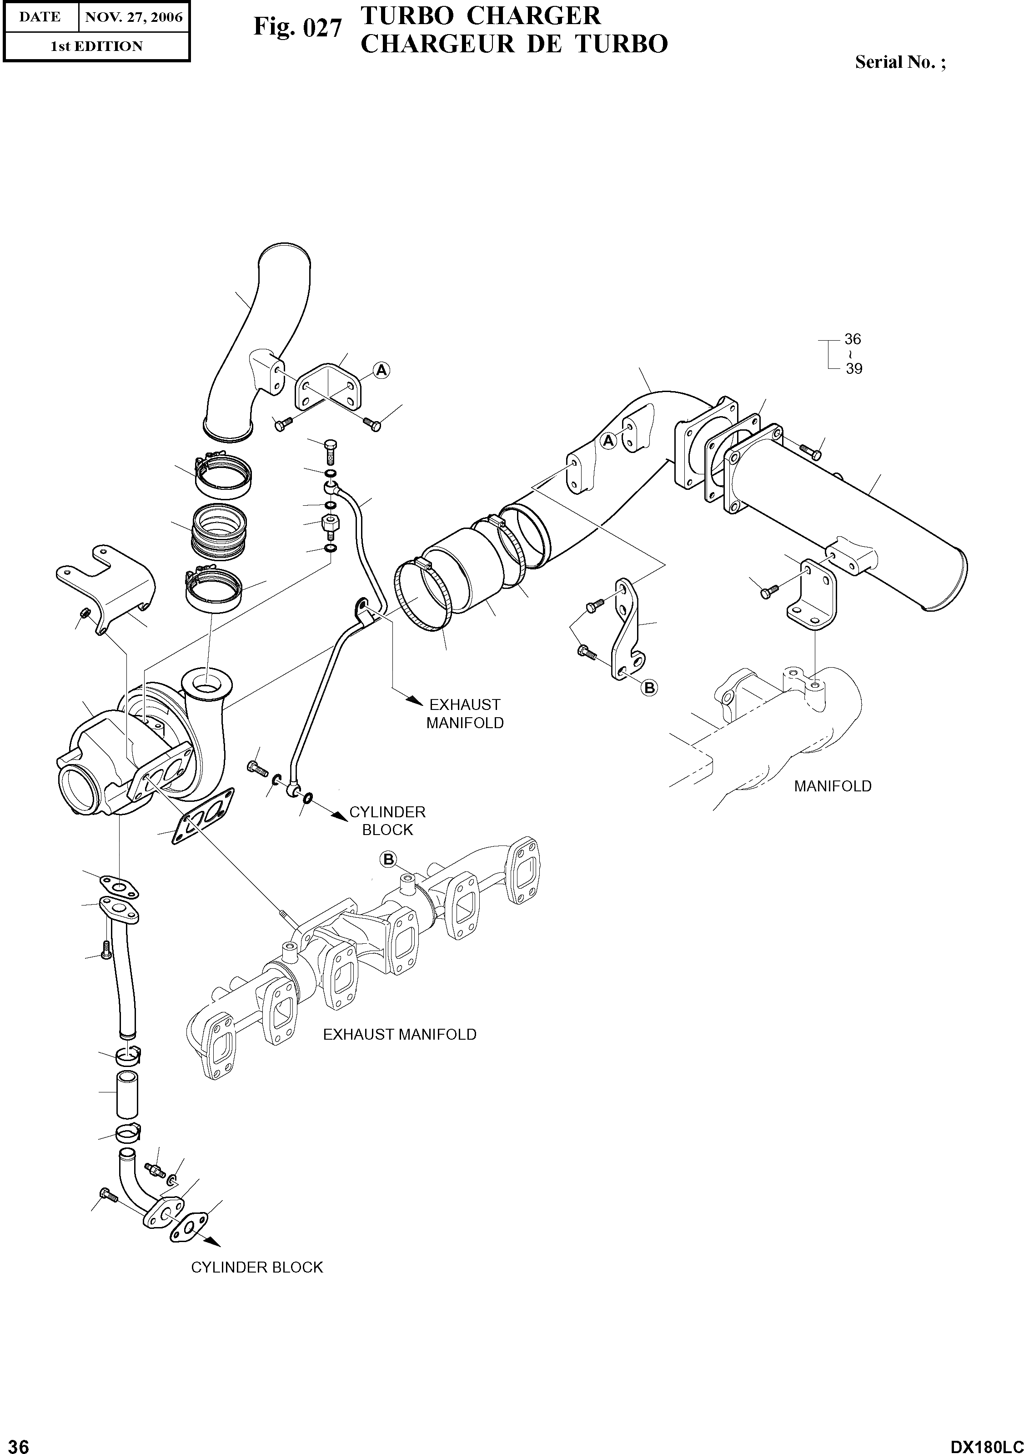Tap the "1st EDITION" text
coord(96,46)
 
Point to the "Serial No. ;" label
coord(900,62)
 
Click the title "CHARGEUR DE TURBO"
coord(513,44)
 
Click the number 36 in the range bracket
coord(853,339)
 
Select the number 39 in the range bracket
coord(853,368)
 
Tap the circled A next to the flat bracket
coord(381,371)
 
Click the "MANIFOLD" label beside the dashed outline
coord(833,786)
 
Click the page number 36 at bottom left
coord(15,1443)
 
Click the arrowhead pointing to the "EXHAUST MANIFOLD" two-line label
coord(415,700)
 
